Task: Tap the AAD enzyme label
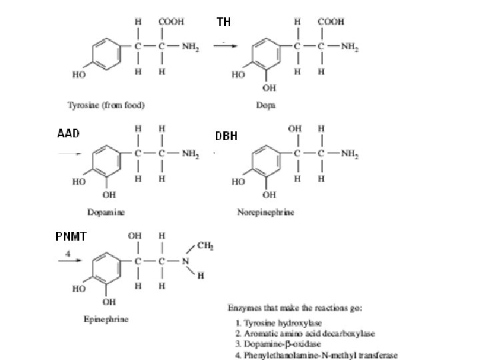(x=68, y=133)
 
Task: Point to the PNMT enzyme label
(x=71, y=237)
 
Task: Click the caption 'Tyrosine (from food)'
(x=106, y=105)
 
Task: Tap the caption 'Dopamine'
(x=106, y=212)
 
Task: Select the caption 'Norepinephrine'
(x=266, y=213)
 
